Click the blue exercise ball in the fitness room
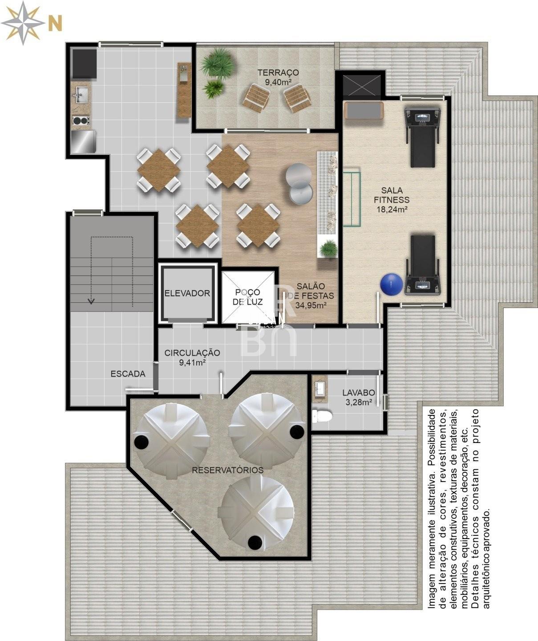tap(391, 285)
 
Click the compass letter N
tap(55, 23)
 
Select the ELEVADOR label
tap(187, 293)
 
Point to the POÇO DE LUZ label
tap(247, 297)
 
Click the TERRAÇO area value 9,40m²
tap(278, 82)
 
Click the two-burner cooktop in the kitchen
tap(81, 120)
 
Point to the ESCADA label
tap(128, 374)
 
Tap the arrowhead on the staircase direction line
tap(91, 301)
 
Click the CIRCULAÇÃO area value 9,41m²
tap(192, 362)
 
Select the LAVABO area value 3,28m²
tap(359, 402)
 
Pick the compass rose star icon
tap(23, 23)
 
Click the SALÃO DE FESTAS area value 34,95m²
tap(311, 305)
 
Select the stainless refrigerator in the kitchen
tap(84, 142)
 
